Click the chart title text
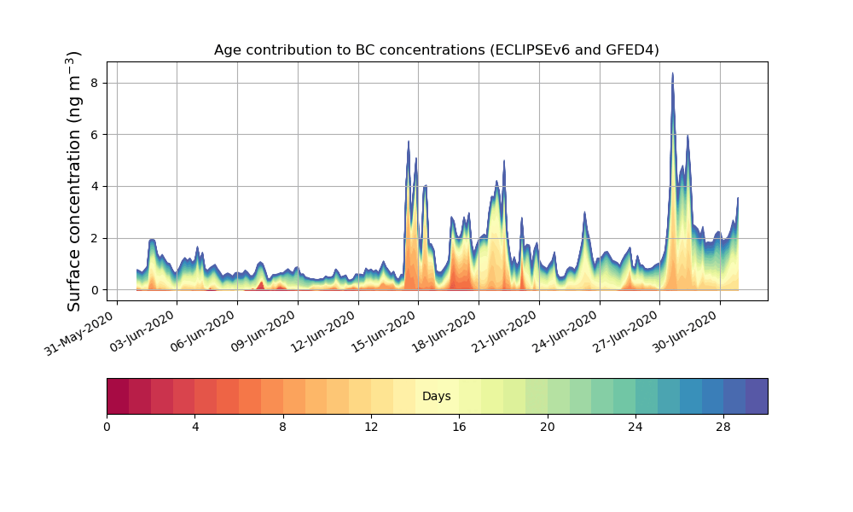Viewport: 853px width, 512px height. tap(436, 50)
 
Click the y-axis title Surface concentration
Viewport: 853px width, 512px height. tap(74, 181)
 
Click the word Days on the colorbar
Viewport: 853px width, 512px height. tap(436, 397)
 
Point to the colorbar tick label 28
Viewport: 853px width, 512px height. tap(723, 426)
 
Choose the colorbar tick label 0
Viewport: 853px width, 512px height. tap(107, 426)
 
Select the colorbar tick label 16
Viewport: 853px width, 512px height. tap(459, 426)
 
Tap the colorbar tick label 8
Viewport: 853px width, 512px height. tap(283, 426)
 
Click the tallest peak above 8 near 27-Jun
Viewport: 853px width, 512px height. tap(672, 74)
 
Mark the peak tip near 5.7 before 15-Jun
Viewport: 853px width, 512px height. tap(409, 142)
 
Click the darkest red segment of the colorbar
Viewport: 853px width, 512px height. tap(118, 396)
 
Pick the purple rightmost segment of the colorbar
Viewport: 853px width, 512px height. tap(756, 396)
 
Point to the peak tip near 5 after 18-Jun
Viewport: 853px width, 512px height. tap(504, 161)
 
